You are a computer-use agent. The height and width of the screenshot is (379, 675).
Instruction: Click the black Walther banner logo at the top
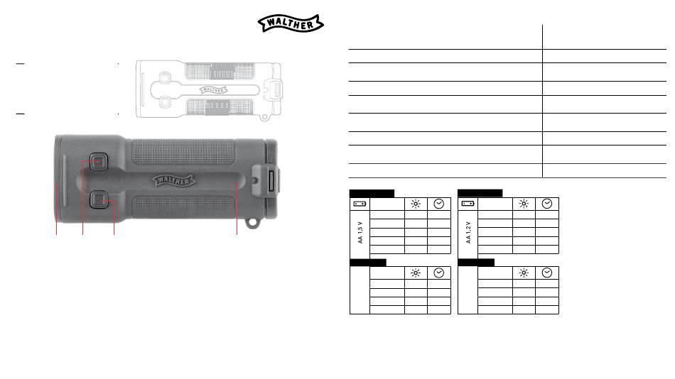coord(291,23)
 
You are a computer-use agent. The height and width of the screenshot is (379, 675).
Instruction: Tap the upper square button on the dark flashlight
coord(99,162)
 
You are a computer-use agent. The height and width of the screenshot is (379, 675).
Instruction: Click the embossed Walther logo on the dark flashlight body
coord(173,180)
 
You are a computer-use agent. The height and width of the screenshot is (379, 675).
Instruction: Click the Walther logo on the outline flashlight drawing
coord(213,90)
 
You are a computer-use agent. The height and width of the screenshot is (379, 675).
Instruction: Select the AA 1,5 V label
coord(360,233)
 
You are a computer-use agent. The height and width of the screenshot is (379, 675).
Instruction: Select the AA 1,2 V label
coord(468,233)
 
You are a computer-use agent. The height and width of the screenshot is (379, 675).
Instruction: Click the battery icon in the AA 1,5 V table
coord(360,204)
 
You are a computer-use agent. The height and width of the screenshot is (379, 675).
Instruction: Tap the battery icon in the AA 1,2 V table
coord(468,204)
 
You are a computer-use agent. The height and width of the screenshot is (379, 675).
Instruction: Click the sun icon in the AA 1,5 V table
coord(416,204)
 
